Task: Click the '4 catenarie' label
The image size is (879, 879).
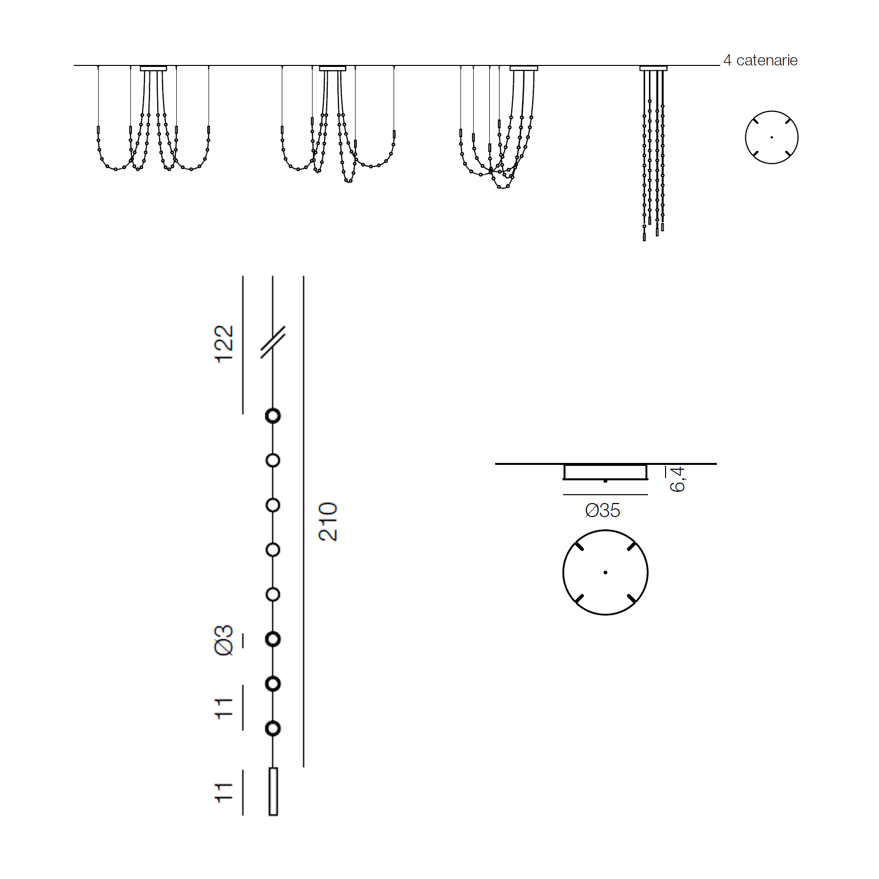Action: click(760, 61)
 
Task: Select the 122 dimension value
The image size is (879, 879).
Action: click(224, 344)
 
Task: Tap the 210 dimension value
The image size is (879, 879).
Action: click(328, 522)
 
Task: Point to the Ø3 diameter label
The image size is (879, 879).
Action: click(224, 640)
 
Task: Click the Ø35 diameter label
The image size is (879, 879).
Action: click(603, 511)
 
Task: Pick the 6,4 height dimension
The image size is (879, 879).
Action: click(677, 479)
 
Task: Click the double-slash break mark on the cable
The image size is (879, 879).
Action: click(272, 342)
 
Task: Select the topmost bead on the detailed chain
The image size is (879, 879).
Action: click(273, 416)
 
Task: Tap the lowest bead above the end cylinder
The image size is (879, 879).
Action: click(273, 729)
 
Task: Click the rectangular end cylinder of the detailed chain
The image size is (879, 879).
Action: click(273, 792)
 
